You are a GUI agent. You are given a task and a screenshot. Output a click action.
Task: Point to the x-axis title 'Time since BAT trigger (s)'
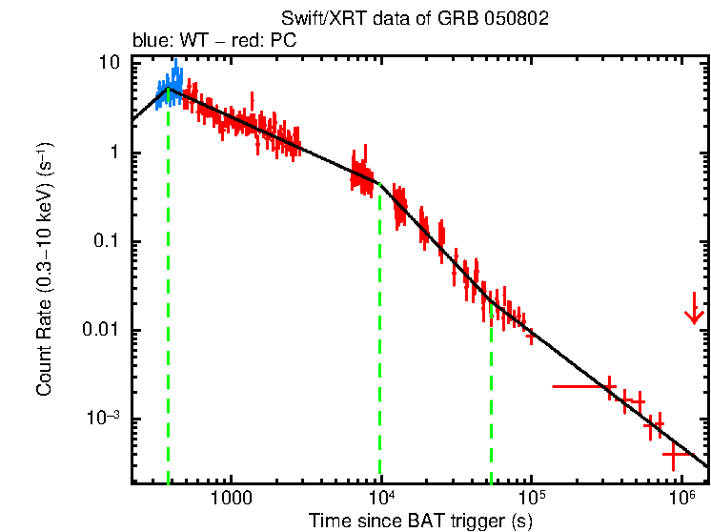(x=419, y=521)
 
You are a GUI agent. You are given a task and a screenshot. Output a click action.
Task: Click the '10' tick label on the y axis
(x=109, y=64)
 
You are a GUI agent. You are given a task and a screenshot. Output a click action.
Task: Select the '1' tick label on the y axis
(x=113, y=153)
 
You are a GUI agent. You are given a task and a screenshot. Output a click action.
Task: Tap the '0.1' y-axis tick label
(x=105, y=241)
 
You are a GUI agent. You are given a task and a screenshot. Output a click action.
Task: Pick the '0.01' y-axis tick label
(x=100, y=330)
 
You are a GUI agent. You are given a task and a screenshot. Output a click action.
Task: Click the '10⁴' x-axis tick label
(x=380, y=497)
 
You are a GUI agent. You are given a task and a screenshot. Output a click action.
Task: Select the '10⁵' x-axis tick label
(x=531, y=497)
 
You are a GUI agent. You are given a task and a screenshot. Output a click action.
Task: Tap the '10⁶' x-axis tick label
(x=681, y=497)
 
